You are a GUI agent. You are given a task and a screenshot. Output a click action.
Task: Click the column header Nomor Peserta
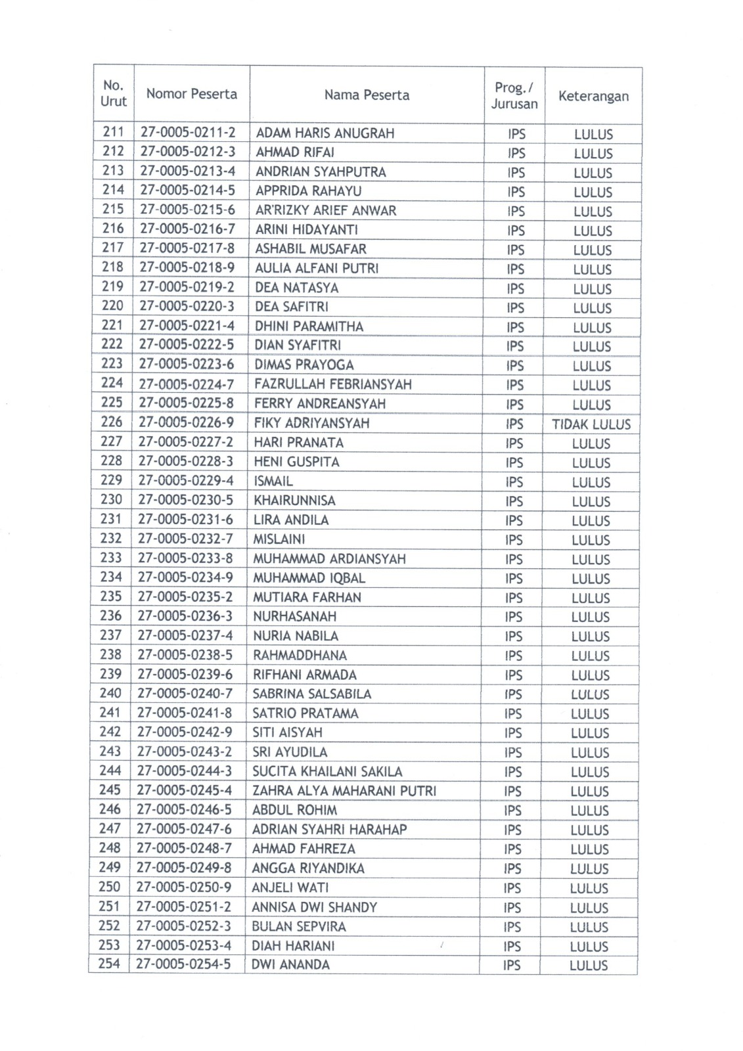tap(191, 94)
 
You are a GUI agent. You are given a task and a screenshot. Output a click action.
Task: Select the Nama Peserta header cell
tap(367, 95)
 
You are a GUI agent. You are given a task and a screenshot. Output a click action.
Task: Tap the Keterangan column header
tap(593, 97)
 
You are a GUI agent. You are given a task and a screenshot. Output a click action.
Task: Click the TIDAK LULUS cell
tap(591, 424)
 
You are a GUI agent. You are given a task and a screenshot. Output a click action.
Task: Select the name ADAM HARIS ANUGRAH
tap(325, 133)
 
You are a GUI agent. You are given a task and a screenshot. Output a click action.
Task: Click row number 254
tap(109, 964)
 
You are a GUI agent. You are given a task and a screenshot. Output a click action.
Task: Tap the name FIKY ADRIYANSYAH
tap(311, 423)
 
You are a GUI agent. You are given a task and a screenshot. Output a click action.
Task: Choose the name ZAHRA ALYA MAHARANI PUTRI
tap(344, 791)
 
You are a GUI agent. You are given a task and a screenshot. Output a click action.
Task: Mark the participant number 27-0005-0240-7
tap(185, 693)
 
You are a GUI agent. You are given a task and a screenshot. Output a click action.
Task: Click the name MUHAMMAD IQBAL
tap(309, 578)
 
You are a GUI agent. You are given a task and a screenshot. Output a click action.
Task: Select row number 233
tap(111, 558)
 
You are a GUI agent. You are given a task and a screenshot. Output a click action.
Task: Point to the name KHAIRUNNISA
tap(294, 501)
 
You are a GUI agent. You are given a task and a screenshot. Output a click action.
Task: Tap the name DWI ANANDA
tap(291, 965)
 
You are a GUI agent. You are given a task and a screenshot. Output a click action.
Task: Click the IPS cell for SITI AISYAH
tap(513, 733)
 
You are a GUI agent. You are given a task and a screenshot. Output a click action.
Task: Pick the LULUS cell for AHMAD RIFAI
tap(593, 154)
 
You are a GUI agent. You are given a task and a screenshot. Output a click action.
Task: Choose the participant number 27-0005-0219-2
tap(187, 287)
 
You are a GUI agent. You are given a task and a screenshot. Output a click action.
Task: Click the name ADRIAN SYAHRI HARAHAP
tap(330, 830)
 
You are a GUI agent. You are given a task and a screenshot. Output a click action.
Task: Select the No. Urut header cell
tap(114, 93)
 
